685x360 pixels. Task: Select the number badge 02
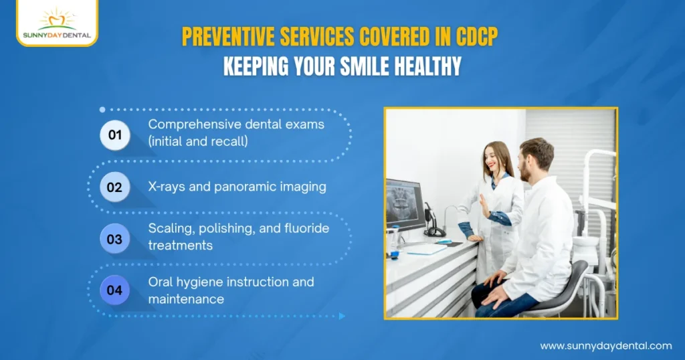tap(114, 187)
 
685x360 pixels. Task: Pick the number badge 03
tap(114, 238)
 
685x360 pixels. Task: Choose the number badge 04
tap(114, 290)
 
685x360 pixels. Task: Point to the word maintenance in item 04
tap(186, 299)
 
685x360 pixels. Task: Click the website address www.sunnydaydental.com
tap(605, 346)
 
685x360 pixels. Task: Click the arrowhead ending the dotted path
tap(342, 316)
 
